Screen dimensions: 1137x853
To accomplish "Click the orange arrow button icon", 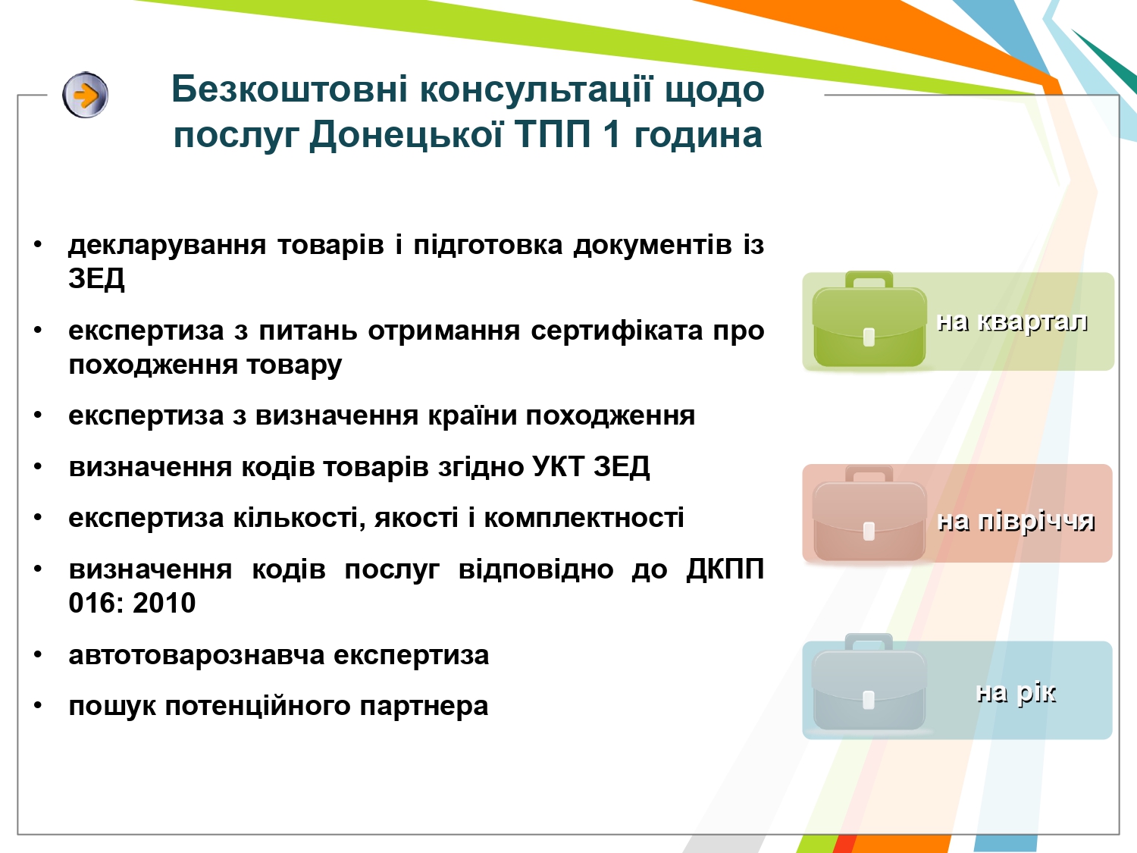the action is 86,95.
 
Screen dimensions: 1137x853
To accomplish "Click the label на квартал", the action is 1012,321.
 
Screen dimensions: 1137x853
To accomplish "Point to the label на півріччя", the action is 1016,520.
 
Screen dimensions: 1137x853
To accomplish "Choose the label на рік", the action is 1015,692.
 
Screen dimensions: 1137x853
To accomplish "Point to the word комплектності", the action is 584,518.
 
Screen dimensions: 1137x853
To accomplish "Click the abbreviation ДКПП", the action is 725,569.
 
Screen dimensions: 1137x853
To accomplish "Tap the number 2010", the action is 164,603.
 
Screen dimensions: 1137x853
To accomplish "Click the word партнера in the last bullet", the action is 424,706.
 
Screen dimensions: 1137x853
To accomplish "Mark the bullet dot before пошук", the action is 38,705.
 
